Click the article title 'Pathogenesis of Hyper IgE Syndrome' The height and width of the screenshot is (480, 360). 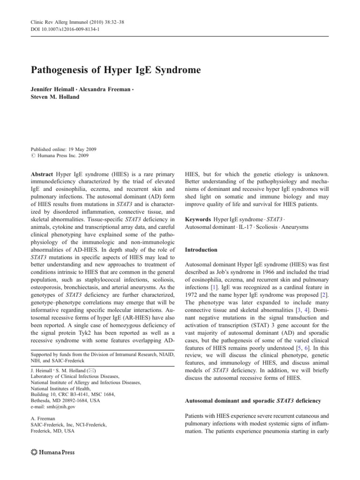(x=116, y=70)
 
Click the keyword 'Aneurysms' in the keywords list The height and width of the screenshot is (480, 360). (x=291, y=227)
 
